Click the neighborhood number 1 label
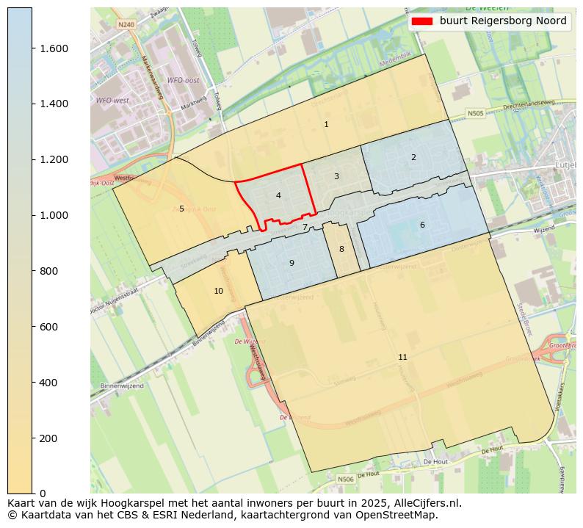tap(326, 124)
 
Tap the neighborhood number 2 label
tap(413, 157)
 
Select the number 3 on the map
tap(336, 176)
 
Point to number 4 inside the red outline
tap(278, 195)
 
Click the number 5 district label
tap(181, 209)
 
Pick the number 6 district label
tap(422, 225)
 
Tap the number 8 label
tap(341, 249)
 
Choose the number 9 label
tap(291, 263)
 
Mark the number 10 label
tap(218, 291)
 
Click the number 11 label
tap(402, 357)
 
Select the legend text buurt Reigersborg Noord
tap(503, 21)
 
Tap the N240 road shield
tap(126, 24)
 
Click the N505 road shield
tap(476, 114)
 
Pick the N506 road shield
tap(346, 479)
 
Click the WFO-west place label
tap(112, 100)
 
